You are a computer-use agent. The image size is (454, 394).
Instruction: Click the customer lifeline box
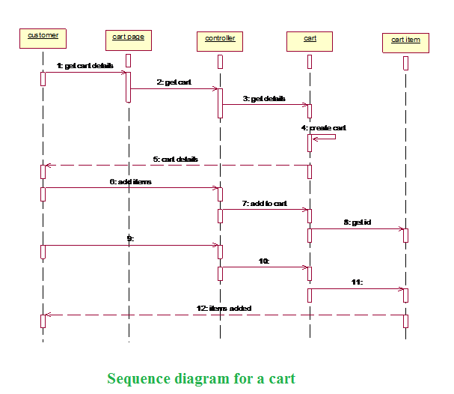click(43, 38)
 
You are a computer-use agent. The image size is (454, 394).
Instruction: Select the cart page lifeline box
click(129, 38)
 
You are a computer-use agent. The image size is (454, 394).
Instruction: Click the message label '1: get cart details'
click(85, 66)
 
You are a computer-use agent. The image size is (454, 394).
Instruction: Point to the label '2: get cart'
click(174, 82)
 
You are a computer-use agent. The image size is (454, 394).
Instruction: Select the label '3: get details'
click(264, 98)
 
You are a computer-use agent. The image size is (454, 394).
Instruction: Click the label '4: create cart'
click(324, 127)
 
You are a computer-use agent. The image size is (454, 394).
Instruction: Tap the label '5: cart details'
click(175, 159)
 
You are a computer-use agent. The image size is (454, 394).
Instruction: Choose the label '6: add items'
click(130, 181)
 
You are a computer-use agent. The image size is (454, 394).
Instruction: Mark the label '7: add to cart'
click(264, 203)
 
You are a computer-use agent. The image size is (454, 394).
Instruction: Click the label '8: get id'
click(357, 222)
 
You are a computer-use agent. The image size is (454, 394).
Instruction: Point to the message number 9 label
click(130, 238)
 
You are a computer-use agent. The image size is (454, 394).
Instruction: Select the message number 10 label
click(263, 261)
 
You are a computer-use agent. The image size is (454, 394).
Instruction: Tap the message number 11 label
click(357, 282)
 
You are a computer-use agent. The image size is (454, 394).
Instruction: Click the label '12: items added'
click(224, 308)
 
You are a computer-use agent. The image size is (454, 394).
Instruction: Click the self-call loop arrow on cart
click(326, 138)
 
